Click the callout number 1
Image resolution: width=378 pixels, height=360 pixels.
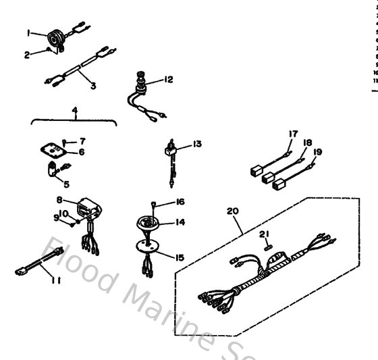point(28,32)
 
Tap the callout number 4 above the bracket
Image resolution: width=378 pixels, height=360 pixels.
point(75,110)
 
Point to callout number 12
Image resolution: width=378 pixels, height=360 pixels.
point(168,80)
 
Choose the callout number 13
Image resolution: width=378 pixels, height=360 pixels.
point(196,143)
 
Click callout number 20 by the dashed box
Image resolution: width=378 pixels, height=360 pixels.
point(234,211)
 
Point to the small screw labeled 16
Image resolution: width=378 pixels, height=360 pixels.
point(155,203)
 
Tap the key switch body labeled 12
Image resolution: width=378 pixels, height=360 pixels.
point(140,88)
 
